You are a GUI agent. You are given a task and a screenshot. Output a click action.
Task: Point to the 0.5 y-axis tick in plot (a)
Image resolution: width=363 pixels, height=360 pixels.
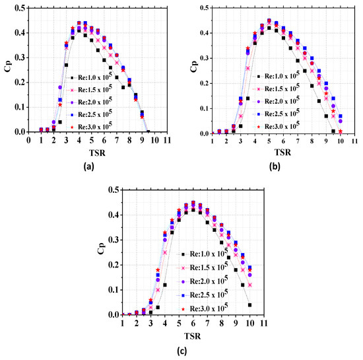[20, 8]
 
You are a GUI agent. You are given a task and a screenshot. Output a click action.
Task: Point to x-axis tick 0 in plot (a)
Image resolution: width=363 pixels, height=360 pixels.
[28, 141]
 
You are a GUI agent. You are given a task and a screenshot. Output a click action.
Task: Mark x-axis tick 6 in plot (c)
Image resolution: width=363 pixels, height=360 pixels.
[193, 324]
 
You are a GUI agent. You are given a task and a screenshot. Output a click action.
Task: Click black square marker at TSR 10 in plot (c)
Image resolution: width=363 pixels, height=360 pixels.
[249, 305]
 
